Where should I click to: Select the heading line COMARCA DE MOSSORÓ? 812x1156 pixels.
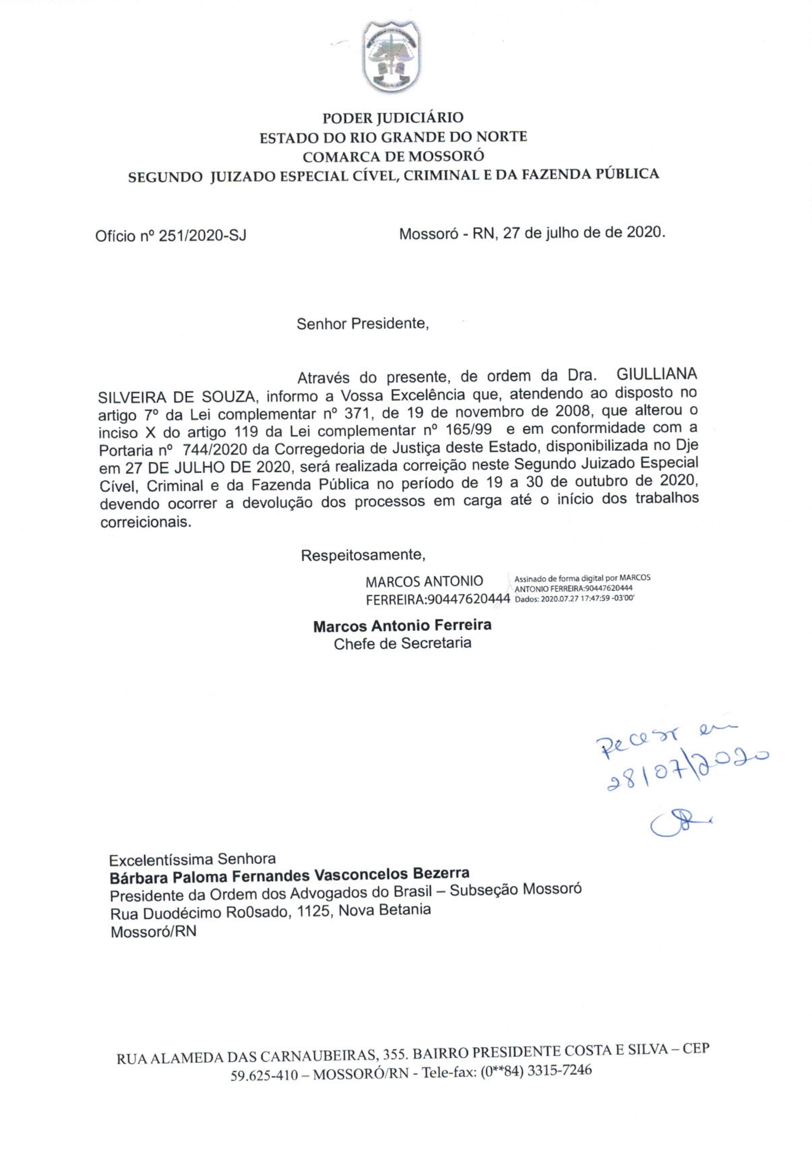tap(393, 156)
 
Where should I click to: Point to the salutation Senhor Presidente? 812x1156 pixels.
tap(362, 323)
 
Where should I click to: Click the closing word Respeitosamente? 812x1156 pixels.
tap(363, 555)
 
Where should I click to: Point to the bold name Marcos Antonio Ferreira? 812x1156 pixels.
tap(402, 626)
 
